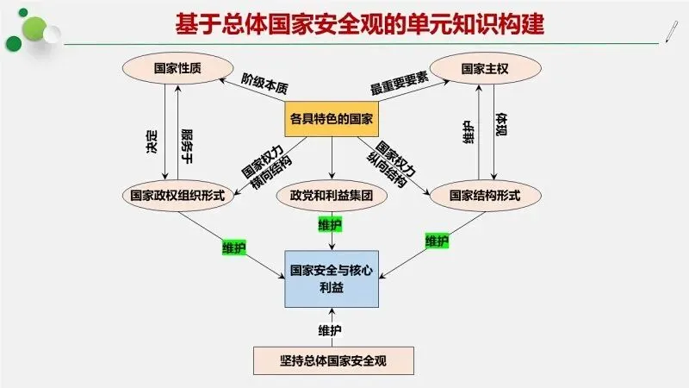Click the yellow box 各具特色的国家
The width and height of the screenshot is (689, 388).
[x=332, y=120]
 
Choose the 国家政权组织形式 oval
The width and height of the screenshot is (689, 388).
[x=177, y=195]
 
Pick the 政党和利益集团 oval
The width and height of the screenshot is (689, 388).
[x=332, y=195]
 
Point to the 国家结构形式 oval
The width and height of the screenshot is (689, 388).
[x=485, y=195]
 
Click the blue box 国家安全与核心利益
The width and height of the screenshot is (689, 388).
[x=332, y=277]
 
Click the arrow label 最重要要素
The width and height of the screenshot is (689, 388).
[x=400, y=87]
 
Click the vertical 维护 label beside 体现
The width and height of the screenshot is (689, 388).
[x=469, y=131]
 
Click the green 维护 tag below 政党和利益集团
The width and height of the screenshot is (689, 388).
[x=330, y=226]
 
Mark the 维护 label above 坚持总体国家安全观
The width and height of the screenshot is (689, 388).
[x=330, y=330]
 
